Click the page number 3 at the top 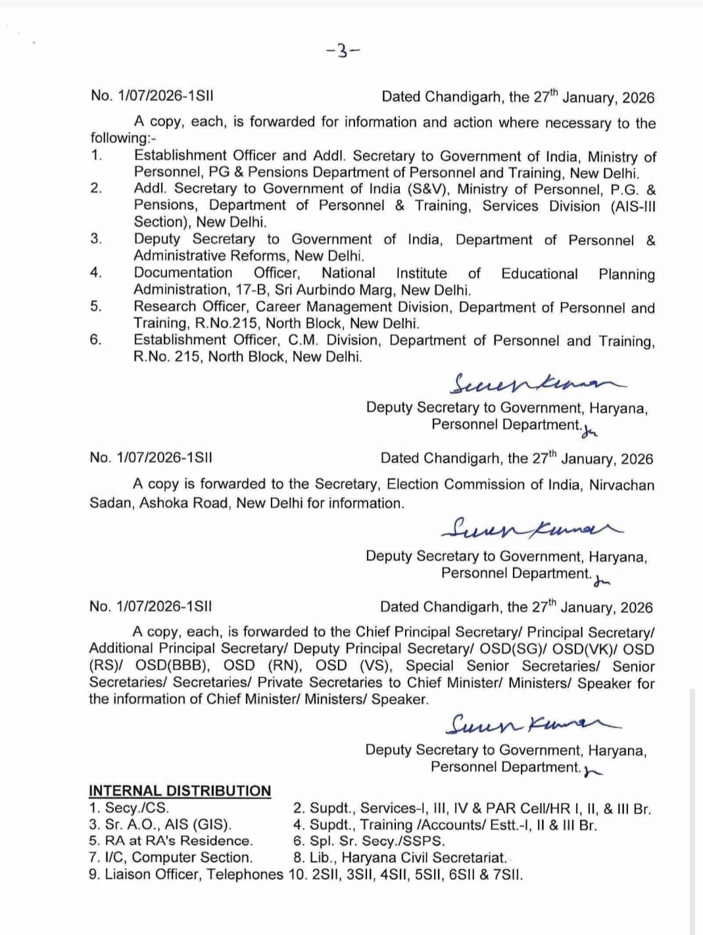pyautogui.click(x=343, y=51)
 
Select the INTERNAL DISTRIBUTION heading pyautogui.click(x=180, y=790)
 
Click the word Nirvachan pyautogui.click(x=621, y=485)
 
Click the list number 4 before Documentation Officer pyautogui.click(x=96, y=273)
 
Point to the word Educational pyautogui.click(x=539, y=274)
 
